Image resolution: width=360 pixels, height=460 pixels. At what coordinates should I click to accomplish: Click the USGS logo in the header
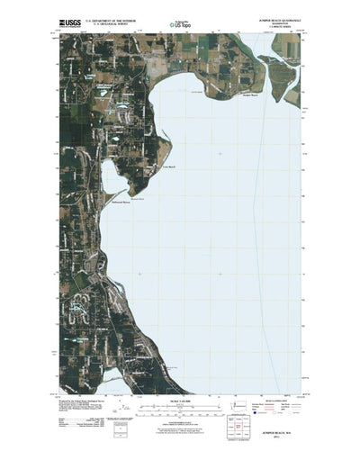70,19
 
